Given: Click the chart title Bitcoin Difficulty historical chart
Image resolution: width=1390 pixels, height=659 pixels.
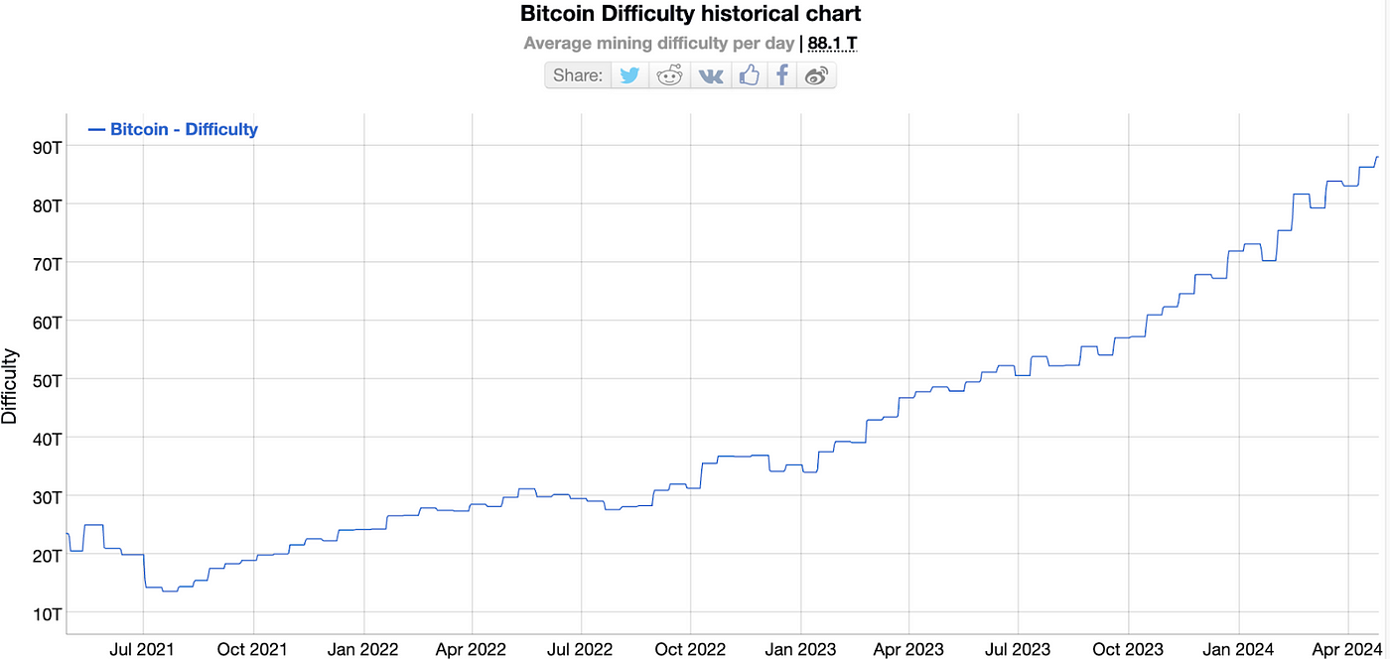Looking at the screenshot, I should (690, 14).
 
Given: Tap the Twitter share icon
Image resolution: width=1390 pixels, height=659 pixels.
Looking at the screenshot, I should (629, 75).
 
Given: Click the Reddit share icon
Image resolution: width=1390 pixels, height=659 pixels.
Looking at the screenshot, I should (670, 75).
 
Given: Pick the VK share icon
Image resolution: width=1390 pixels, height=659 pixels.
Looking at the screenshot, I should (711, 75).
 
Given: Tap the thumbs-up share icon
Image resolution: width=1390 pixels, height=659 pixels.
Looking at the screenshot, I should (750, 75).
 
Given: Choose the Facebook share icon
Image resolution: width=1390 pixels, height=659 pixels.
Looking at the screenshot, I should (782, 75).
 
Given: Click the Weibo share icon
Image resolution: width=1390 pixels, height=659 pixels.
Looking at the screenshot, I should (816, 75).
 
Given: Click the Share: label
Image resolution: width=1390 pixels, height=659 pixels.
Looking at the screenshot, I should (578, 75).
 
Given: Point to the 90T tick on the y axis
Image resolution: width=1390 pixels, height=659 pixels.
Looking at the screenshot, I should (48, 147).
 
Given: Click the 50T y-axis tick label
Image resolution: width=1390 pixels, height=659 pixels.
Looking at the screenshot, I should (48, 380).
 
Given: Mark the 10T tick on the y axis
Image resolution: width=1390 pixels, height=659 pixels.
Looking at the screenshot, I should (48, 613).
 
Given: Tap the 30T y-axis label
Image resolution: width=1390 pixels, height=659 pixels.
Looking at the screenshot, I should (48, 496).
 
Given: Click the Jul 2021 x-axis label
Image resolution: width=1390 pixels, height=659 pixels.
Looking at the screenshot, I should (144, 650).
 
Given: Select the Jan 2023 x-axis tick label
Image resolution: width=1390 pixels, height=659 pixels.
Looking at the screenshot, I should (800, 650).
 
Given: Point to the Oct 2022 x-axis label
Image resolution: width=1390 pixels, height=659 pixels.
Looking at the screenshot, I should (690, 650).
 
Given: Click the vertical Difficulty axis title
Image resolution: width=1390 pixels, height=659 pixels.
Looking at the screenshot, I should (10, 386).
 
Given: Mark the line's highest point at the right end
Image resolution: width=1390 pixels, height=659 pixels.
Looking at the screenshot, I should (1378, 157).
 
